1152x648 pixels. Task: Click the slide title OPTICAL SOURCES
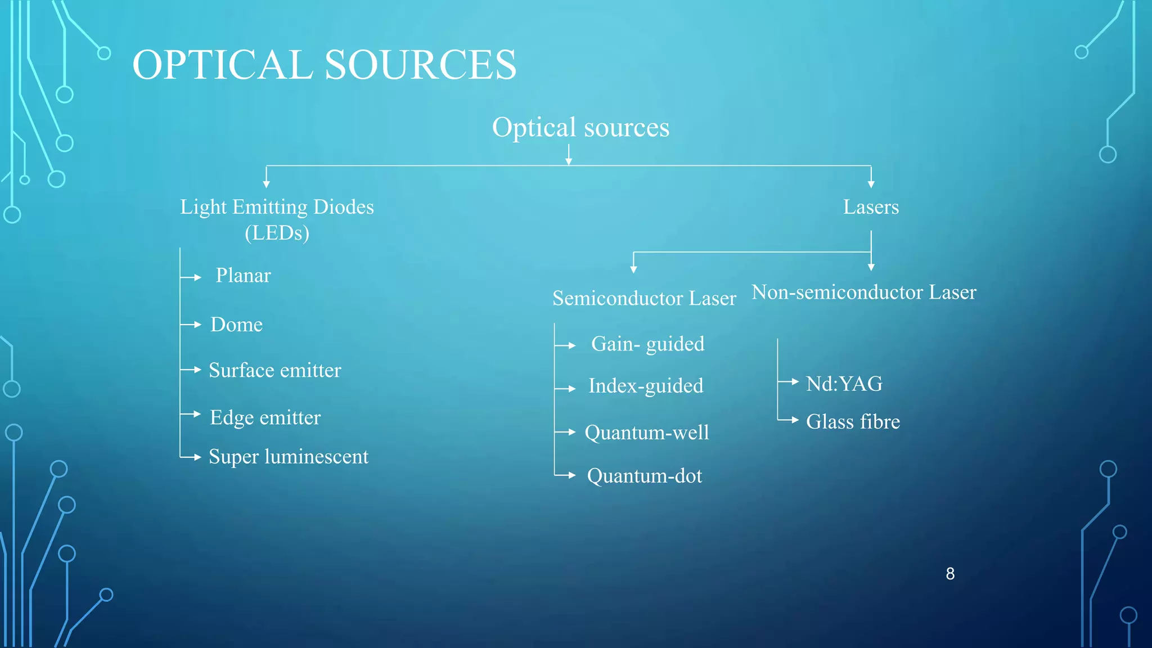324,65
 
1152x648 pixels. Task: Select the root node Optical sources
580,128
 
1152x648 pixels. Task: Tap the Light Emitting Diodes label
277,208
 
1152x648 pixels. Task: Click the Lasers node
871,207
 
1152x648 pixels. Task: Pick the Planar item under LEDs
243,276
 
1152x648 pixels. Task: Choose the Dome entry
236,325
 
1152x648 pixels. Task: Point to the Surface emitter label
274,370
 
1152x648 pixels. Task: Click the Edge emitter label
265,417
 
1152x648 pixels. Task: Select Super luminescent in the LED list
289,456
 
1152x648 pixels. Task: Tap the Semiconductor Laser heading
644,298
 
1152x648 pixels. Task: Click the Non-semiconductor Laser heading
864,292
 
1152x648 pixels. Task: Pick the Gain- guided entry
647,344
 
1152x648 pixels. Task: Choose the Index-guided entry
646,386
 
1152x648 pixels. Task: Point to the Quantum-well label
647,433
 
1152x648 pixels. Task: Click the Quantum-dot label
645,476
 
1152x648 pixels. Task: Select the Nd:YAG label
844,384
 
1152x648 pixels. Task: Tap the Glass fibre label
853,421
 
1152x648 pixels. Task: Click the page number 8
950,574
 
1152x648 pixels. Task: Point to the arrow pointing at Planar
192,277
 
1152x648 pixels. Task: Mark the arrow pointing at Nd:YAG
789,382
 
